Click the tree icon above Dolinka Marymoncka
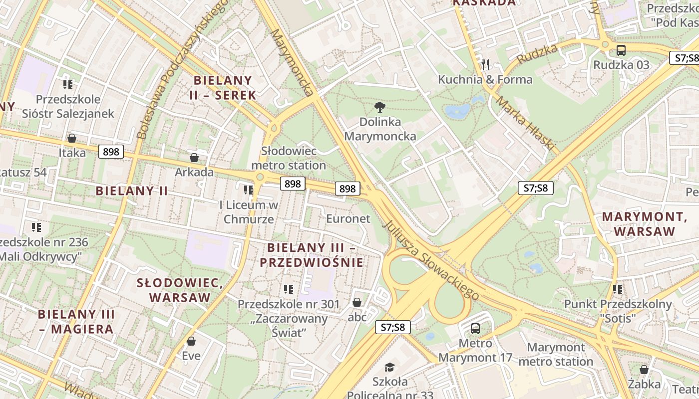click(380, 106)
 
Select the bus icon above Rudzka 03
click(621, 50)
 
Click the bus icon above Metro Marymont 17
click(475, 328)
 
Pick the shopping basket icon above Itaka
click(72, 138)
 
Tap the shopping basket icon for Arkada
click(194, 158)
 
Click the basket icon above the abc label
click(357, 302)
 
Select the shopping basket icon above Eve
click(191, 341)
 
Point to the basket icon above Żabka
click(644, 370)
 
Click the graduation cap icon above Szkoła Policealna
click(389, 368)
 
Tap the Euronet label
click(348, 218)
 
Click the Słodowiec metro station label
click(289, 158)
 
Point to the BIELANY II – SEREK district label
click(225, 87)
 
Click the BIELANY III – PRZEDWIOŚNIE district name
click(315, 255)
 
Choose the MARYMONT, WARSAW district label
click(644, 224)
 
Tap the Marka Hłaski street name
click(525, 123)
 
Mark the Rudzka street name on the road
click(537, 54)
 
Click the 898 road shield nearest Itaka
click(111, 151)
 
